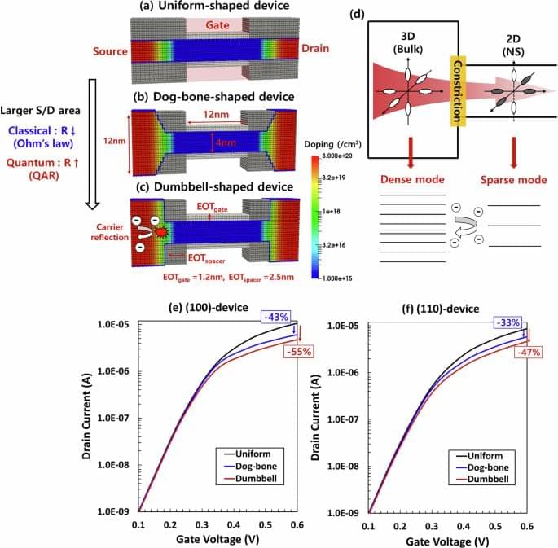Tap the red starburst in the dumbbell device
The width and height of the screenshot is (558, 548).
coord(161,233)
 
